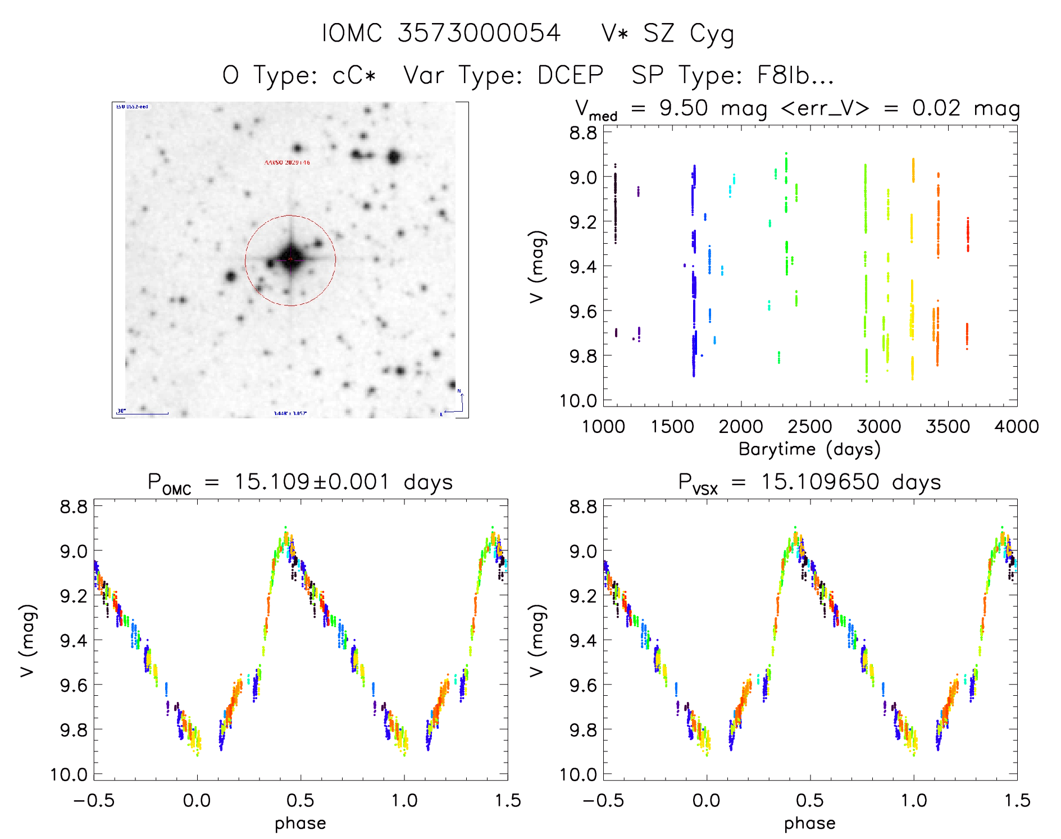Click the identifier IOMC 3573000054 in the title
pos(441,33)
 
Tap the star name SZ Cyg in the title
pos(689,34)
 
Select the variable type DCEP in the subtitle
pos(570,75)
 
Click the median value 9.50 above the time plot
pos(684,108)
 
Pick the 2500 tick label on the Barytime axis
pos(810,427)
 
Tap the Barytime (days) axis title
pos(809,449)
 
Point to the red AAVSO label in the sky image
pos(287,162)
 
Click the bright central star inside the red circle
pos(290,259)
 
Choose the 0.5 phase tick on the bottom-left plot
pos(300,800)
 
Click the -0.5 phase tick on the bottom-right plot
pos(603,800)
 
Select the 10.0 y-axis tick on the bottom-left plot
pos(69,775)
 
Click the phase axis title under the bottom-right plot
pos(809,823)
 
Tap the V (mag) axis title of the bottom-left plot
pos(28,640)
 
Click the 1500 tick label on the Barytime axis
pos(672,427)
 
